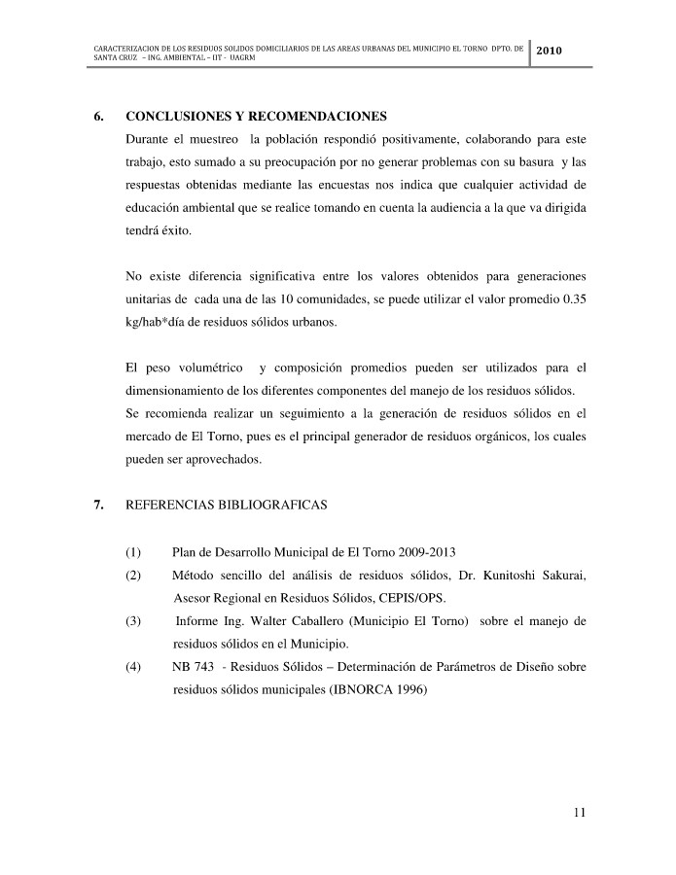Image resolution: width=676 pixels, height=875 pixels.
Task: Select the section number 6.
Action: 99,117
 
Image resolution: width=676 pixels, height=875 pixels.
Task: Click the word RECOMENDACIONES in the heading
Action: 317,117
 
